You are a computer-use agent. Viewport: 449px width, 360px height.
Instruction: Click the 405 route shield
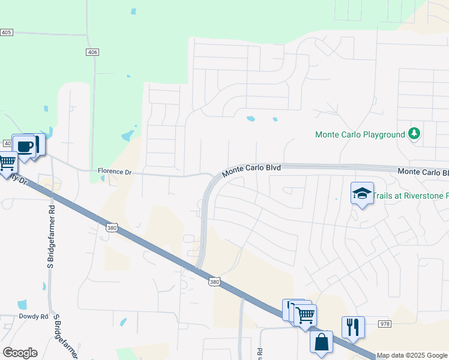7,32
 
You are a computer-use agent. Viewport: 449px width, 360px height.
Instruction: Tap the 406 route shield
92,53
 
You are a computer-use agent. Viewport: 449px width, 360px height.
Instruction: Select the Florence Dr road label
114,172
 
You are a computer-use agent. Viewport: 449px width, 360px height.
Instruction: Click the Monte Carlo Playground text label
360,134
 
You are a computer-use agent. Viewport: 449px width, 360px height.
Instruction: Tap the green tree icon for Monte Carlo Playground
414,133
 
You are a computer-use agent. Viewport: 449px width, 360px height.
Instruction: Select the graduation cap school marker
362,193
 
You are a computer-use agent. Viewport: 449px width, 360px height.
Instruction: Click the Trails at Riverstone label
411,196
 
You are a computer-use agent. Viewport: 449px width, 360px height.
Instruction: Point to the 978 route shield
385,323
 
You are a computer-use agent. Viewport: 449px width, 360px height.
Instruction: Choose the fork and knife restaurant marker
353,327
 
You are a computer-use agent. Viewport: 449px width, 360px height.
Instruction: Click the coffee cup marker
25,146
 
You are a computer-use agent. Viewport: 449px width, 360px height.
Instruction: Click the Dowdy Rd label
33,316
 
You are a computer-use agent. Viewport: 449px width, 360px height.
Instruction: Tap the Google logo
20,353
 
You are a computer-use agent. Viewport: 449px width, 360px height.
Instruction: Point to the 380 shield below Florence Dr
111,228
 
